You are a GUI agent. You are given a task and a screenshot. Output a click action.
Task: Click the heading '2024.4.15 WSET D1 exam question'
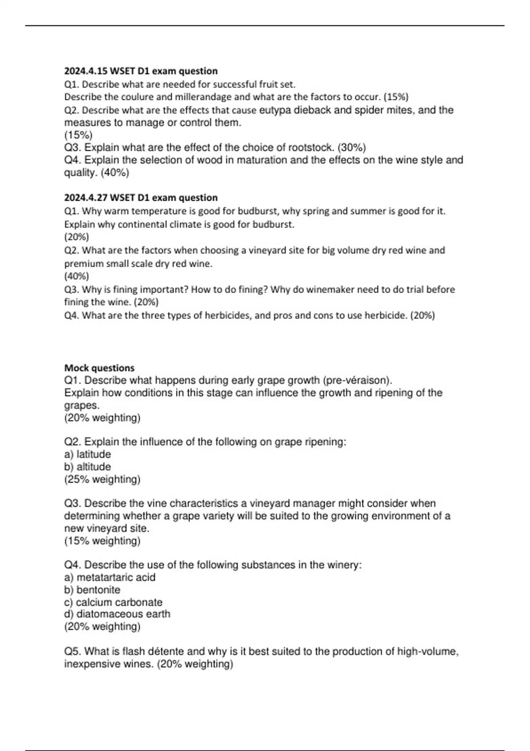pyautogui.click(x=141, y=71)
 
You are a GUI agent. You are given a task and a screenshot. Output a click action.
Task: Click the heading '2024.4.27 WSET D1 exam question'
pyautogui.click(x=141, y=197)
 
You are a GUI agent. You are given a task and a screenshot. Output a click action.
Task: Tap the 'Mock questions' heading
pyautogui.click(x=99, y=368)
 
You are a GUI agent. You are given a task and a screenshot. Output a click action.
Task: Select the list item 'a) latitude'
pyautogui.click(x=87, y=454)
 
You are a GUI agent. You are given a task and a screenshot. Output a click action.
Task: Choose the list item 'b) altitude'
pyautogui.click(x=87, y=467)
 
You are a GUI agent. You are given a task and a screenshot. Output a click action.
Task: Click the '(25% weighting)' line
pyautogui.click(x=102, y=479)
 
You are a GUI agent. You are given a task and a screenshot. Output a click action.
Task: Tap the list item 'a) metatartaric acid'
pyautogui.click(x=110, y=577)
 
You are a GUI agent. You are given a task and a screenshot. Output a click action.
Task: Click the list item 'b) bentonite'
pyautogui.click(x=92, y=590)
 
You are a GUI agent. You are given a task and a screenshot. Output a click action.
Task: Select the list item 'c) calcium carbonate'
pyautogui.click(x=114, y=602)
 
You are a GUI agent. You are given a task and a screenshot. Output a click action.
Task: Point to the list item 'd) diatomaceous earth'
pyautogui.click(x=117, y=614)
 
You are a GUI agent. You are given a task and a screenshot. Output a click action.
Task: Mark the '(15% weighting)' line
pyautogui.click(x=102, y=541)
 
